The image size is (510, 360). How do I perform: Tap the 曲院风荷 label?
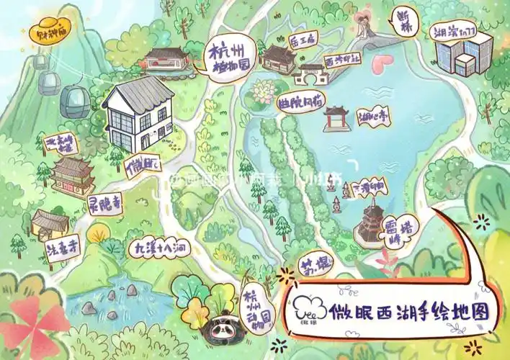(300, 99)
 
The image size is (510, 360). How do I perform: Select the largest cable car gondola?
(74, 102)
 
